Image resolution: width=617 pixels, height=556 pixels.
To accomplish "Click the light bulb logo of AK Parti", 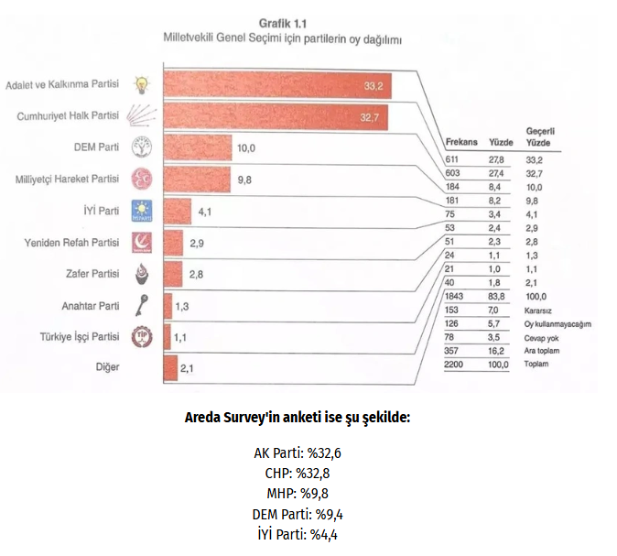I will tap(142, 86).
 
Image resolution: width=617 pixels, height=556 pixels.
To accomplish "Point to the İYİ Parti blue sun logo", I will tap(144, 211).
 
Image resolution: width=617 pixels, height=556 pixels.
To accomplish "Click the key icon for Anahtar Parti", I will tap(144, 306).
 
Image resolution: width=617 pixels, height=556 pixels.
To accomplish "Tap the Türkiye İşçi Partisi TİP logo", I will tap(144, 337).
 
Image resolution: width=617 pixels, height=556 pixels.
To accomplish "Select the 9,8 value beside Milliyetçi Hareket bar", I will tap(244, 180).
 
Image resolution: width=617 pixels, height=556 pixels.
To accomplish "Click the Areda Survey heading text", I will tap(298, 417).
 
